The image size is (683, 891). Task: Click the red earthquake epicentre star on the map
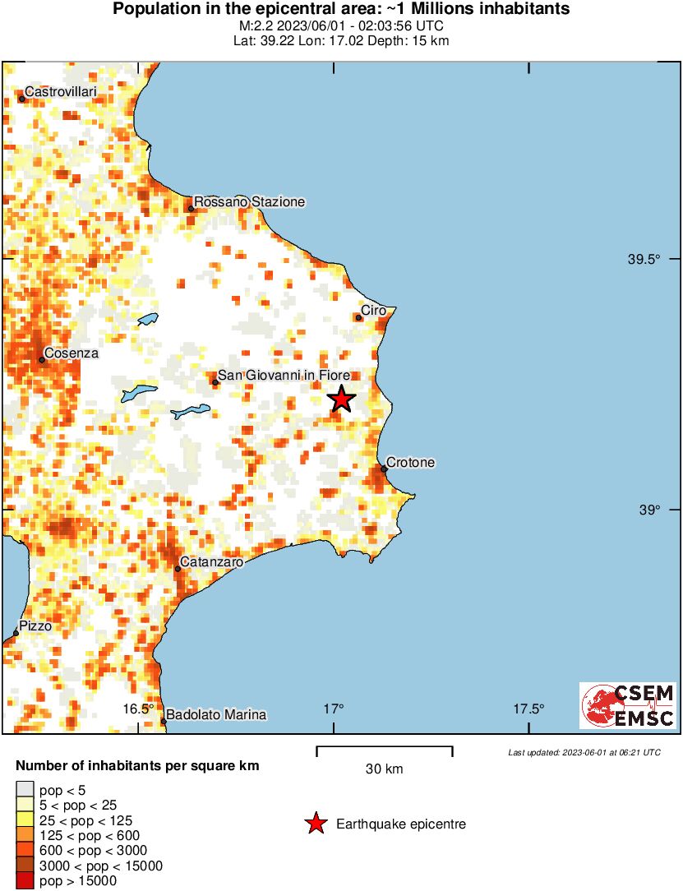[341, 399]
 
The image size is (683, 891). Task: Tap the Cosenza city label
[72, 353]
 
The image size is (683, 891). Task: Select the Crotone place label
[410, 463]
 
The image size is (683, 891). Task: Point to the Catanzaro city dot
[178, 569]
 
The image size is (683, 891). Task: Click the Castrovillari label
[61, 92]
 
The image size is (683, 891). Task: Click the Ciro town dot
[359, 317]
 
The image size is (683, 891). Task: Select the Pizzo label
[35, 626]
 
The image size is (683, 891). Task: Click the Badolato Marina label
[216, 715]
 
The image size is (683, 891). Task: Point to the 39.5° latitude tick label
[644, 260]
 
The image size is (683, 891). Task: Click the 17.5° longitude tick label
[529, 709]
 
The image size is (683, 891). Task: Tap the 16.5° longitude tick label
[139, 709]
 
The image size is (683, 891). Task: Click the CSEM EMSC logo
[628, 705]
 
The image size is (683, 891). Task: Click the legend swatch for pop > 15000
[25, 881]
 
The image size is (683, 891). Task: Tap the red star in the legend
[315, 824]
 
